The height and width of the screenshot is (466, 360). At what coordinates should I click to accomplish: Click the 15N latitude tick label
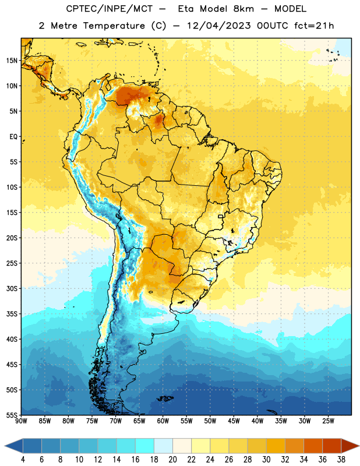tap(12, 61)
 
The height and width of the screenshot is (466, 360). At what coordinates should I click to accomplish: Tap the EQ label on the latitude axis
tap(13, 137)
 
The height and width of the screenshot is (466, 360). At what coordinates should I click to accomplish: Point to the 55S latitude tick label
tap(12, 415)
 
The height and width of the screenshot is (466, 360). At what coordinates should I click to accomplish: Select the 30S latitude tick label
tap(12, 288)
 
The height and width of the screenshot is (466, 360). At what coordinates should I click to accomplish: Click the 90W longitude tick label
tap(21, 421)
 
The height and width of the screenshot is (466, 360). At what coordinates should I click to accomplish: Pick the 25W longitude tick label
tap(328, 421)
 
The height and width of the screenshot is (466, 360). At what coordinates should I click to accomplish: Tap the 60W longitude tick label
tap(163, 421)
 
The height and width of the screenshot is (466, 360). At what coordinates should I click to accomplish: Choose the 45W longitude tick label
tap(234, 421)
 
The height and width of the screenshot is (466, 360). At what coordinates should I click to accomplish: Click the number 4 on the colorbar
tap(23, 460)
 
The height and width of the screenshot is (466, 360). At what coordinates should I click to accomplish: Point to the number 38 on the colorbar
tap(341, 460)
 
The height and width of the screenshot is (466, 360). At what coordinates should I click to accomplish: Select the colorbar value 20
tap(172, 460)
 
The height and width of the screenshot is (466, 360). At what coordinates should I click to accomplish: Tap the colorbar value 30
tap(266, 460)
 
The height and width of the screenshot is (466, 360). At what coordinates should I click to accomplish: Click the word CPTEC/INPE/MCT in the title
tap(109, 9)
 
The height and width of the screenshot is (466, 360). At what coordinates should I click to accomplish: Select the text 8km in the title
tap(243, 9)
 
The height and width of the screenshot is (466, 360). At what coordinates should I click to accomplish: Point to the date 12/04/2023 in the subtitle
tap(219, 26)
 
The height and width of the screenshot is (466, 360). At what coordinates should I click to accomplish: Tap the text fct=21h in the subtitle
tap(314, 26)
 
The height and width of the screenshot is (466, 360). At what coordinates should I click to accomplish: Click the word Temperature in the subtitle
tap(114, 26)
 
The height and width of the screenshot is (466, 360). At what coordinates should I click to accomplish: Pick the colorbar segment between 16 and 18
tap(145, 446)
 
